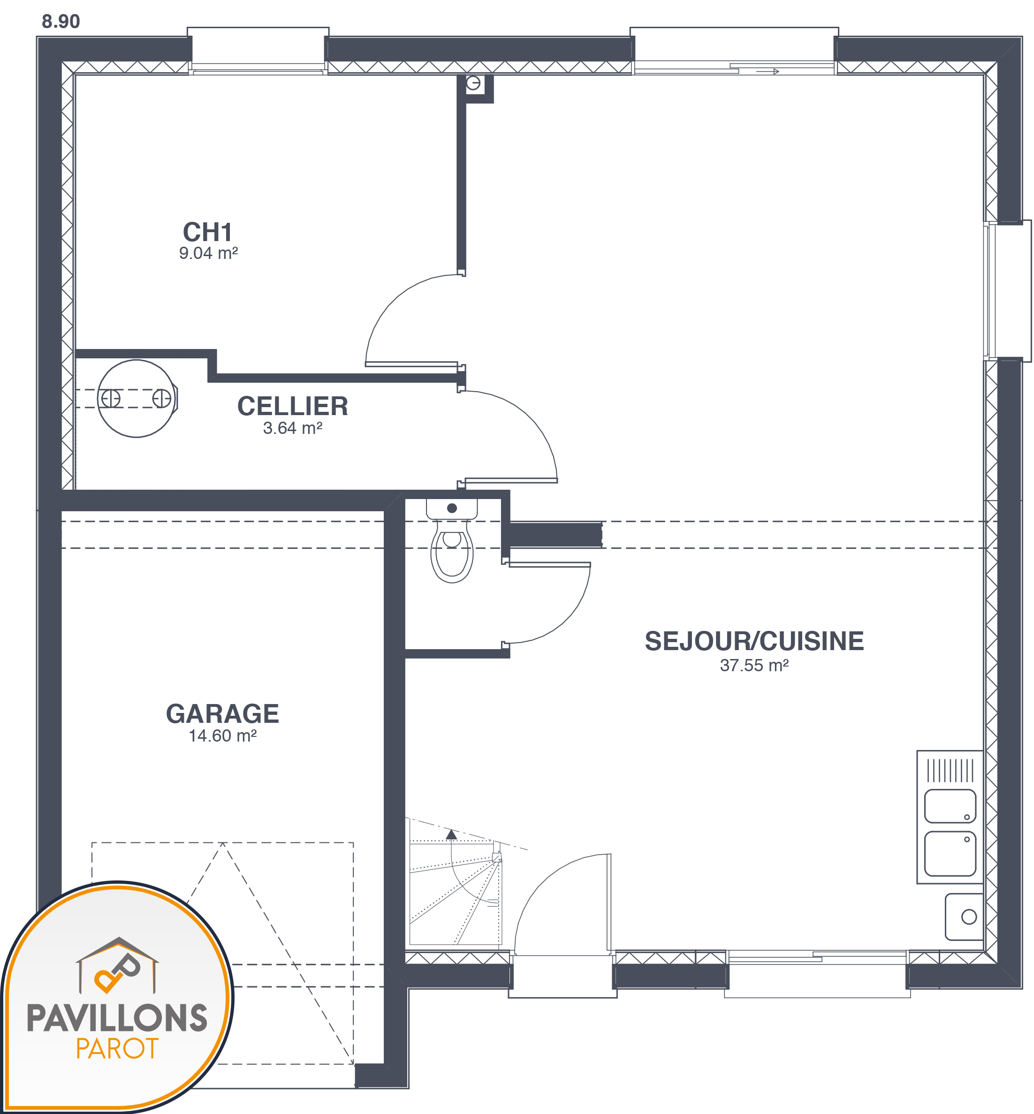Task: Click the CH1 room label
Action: (207, 232)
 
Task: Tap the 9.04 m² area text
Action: (208, 253)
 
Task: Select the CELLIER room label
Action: (293, 406)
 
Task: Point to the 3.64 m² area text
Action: (293, 428)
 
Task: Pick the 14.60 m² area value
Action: (223, 736)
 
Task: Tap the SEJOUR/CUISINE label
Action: (754, 641)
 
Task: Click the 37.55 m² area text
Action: (754, 665)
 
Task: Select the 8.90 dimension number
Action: (61, 21)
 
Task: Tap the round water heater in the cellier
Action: (137, 398)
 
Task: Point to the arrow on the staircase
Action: (451, 835)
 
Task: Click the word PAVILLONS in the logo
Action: (117, 1018)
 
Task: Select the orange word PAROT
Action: (117, 1048)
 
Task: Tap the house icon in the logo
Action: (117, 965)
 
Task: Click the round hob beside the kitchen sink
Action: (969, 917)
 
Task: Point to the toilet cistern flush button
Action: (452, 508)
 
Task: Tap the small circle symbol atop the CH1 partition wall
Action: (473, 83)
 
